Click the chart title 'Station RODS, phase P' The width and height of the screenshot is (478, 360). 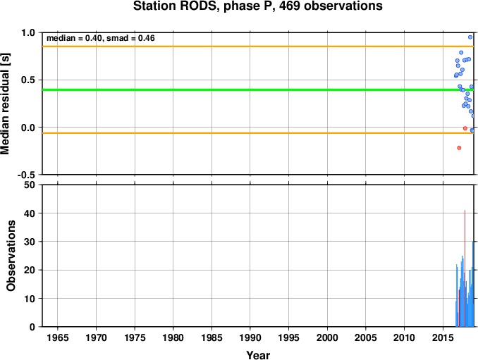coord(203,6)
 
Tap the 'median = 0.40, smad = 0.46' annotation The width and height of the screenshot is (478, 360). coord(101,38)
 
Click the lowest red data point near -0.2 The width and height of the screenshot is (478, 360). coord(459,148)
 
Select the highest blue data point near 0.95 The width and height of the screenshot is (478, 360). coord(470,37)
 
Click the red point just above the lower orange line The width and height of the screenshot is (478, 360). coord(465,128)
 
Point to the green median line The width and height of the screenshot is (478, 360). coord(258,89)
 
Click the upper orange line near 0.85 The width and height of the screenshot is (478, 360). coord(258,46)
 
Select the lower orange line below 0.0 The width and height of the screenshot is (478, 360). coord(258,133)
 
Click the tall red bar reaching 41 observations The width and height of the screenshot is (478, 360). coord(465,268)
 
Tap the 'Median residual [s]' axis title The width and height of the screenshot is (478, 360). coord(5,104)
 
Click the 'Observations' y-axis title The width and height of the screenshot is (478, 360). coord(11,256)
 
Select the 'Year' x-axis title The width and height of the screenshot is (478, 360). coord(258,355)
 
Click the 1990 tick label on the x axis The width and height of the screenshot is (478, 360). coord(250,337)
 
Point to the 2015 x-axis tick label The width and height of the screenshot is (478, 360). coord(443,337)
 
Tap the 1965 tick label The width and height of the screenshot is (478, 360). coord(58,337)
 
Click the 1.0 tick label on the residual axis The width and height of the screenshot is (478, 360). coord(28,32)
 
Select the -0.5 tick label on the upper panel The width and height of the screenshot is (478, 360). coord(26,175)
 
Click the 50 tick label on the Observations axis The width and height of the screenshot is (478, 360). coord(30,185)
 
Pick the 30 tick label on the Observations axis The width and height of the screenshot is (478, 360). coord(30,242)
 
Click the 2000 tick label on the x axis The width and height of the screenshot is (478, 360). coord(327,337)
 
